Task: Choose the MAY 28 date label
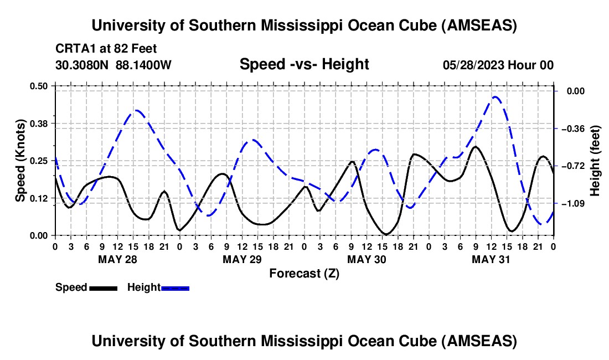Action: [x=117, y=259]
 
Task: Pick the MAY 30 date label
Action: [x=366, y=259]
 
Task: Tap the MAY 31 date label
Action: [x=491, y=259]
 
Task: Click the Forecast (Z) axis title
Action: [x=304, y=273]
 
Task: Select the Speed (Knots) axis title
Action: [x=20, y=161]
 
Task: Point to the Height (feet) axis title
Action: [x=595, y=161]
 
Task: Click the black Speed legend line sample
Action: [x=102, y=288]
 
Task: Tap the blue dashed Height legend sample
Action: [x=175, y=288]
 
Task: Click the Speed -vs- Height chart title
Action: [x=304, y=64]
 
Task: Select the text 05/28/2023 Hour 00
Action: [x=498, y=65]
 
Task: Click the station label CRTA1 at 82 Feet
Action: [x=106, y=49]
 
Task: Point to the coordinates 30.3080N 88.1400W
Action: [x=113, y=65]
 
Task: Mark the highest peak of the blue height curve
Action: [x=495, y=97]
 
